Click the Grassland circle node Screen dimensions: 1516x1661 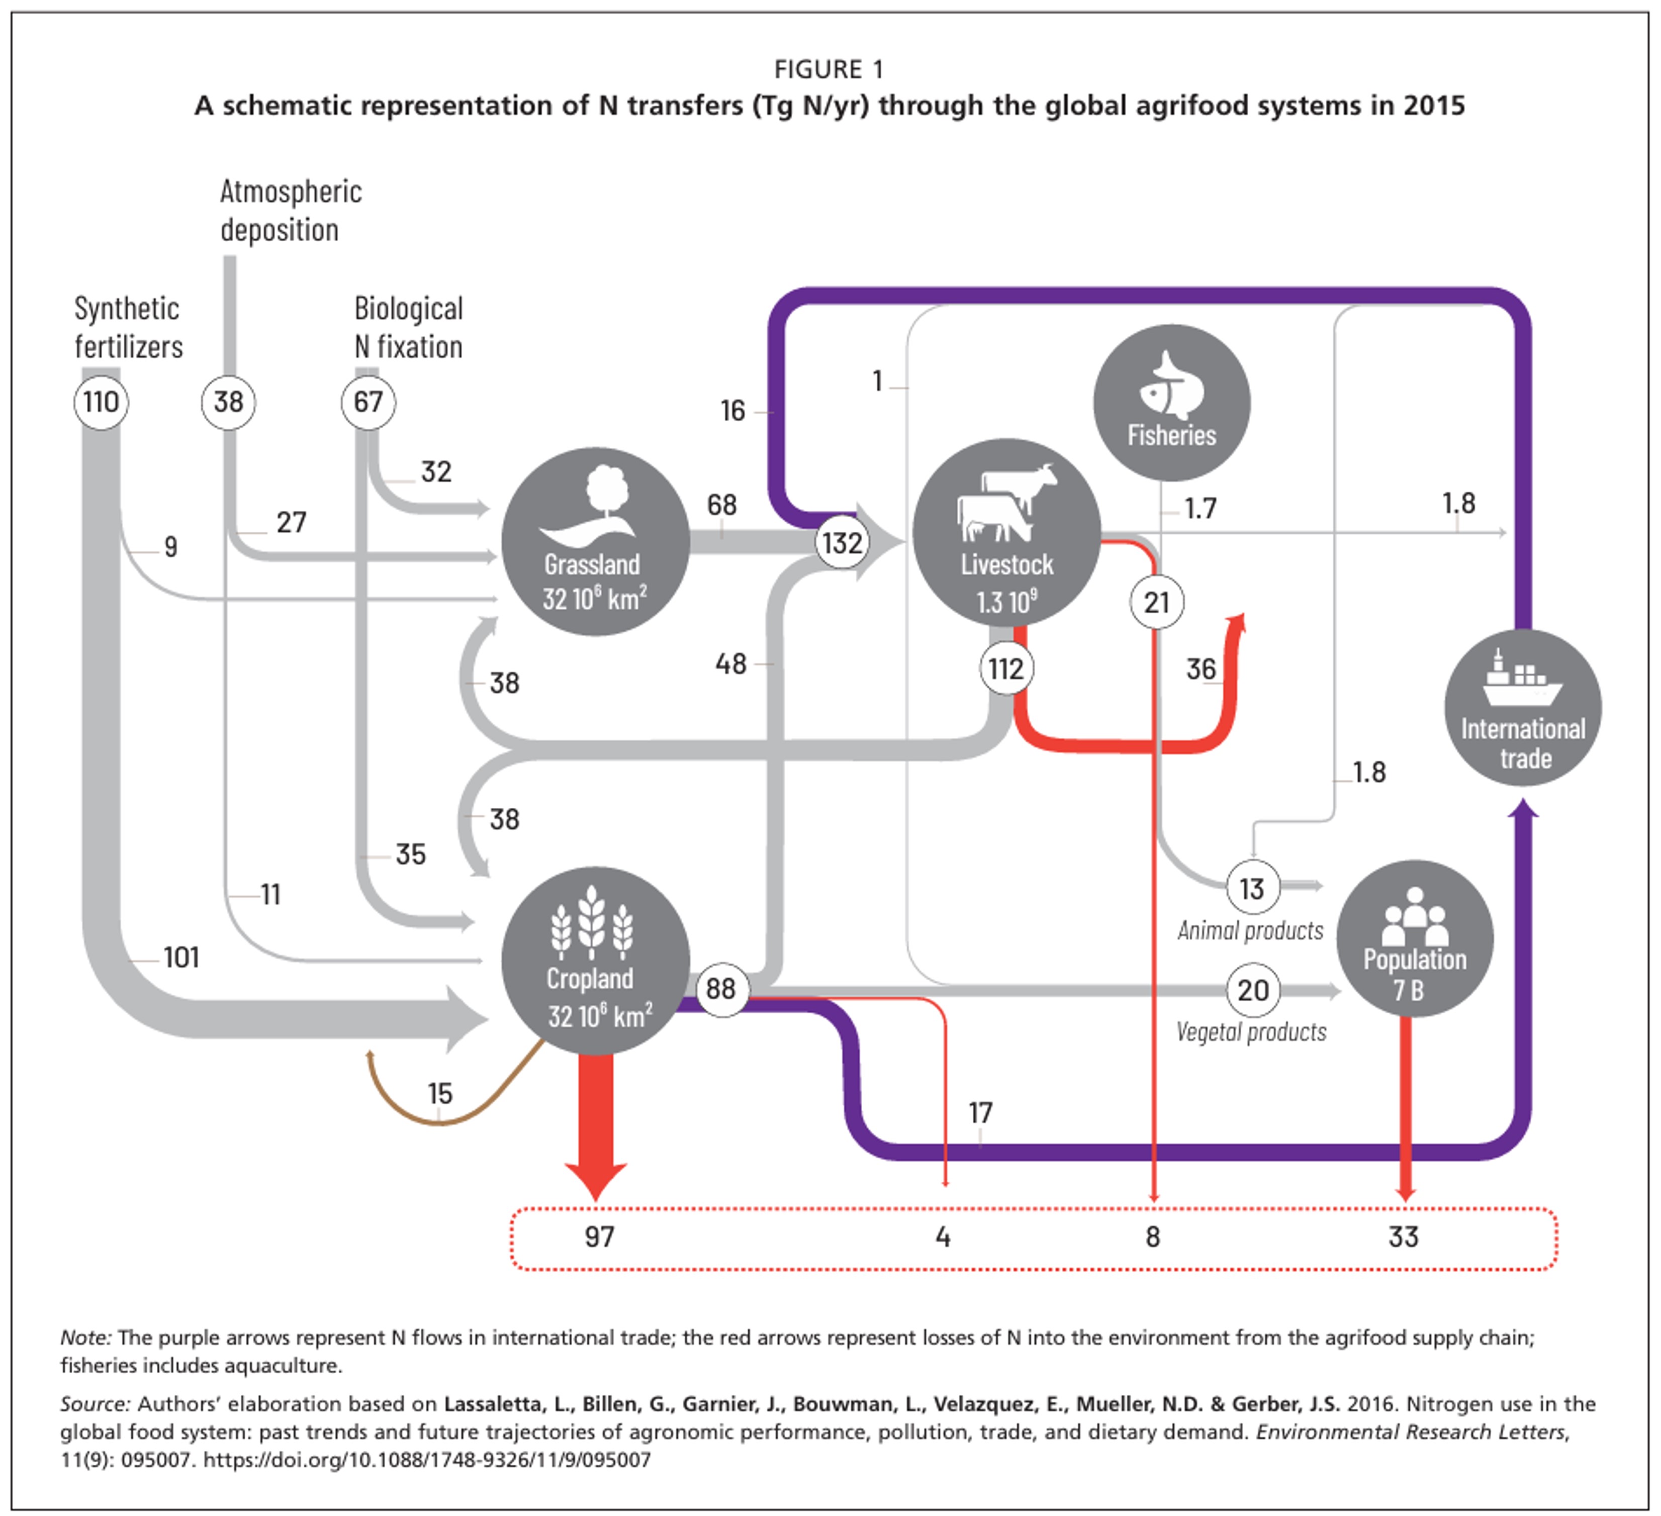tap(595, 541)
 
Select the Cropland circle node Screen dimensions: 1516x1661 tap(595, 961)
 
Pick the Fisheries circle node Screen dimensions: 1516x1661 tap(1171, 403)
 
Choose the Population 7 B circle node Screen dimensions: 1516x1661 tap(1414, 938)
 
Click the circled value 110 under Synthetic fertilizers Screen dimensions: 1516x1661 tap(102, 402)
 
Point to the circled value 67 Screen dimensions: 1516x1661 tap(368, 402)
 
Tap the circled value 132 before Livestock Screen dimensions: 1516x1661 tap(841, 543)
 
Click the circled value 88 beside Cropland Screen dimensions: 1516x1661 tap(721, 989)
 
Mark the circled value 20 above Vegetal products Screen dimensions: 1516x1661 tap(1252, 990)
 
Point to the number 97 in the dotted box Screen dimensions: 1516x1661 tap(599, 1237)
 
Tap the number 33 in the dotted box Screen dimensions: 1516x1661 tap(1403, 1237)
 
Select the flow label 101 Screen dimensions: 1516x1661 tap(181, 958)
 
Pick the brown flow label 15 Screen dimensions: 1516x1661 tap(440, 1093)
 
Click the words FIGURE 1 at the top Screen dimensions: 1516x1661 tap(829, 69)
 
